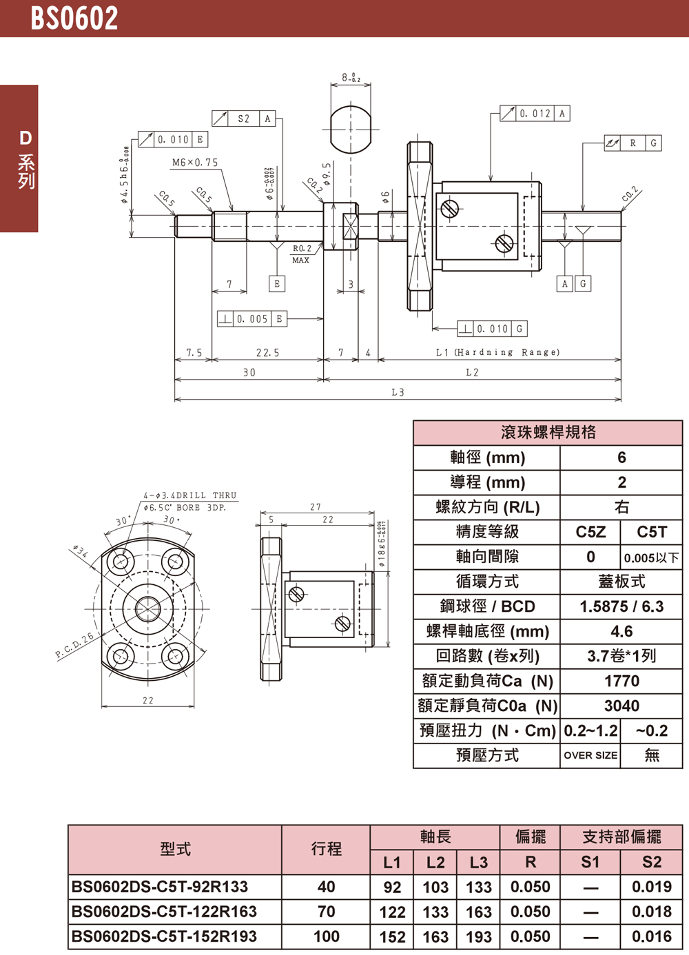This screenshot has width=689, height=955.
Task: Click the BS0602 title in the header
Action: (74, 19)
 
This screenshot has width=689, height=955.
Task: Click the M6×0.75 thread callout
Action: (195, 163)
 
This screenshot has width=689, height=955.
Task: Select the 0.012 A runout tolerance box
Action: (535, 114)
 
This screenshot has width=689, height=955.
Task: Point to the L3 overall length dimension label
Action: (398, 392)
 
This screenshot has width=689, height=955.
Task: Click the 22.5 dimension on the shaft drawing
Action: (267, 353)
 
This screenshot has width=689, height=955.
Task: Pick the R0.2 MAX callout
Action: (302, 254)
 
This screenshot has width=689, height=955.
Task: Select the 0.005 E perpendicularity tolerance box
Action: (251, 319)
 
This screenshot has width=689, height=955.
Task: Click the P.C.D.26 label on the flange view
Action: (74, 646)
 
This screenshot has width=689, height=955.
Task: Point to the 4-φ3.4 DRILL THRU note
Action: (189, 495)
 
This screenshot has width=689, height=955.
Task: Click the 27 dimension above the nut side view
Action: (316, 507)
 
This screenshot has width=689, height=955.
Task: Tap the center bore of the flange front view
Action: (147, 609)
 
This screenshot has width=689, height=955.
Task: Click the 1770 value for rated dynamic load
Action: (621, 681)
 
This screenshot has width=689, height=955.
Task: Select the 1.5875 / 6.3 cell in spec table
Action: (621, 607)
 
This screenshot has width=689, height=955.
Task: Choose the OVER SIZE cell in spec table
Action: (590, 755)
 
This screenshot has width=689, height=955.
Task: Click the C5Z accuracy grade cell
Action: (590, 532)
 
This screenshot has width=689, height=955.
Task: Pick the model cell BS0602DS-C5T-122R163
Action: (164, 912)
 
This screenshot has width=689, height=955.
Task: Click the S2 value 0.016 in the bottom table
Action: (651, 936)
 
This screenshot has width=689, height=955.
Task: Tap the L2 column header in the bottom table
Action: (435, 862)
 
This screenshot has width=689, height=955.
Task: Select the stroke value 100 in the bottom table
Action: (326, 936)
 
